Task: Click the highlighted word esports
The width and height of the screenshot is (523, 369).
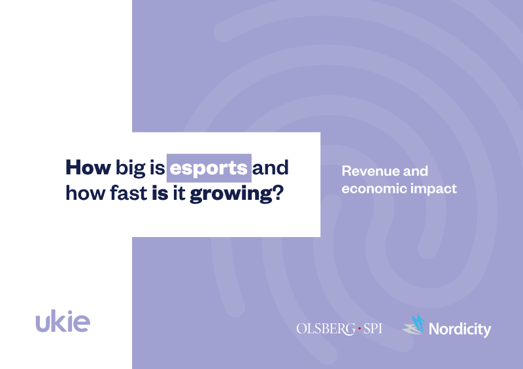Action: pos(209,168)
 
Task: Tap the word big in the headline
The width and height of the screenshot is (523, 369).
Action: pos(130,168)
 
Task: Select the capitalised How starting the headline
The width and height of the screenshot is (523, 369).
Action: pos(88,167)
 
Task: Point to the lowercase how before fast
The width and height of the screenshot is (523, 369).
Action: pos(86,193)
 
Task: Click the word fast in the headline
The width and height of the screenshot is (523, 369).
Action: pos(129,193)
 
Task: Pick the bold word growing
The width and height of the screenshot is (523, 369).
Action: pos(232,195)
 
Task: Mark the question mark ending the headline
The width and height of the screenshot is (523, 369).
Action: pos(279,193)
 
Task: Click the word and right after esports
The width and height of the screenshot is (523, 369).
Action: pos(270,167)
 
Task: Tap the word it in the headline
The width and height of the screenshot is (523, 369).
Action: pos(179,193)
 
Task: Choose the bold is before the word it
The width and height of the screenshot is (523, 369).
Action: pos(160,193)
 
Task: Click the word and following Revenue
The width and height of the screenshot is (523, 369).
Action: pos(416,171)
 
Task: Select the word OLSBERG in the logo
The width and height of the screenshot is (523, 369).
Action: pos(326,329)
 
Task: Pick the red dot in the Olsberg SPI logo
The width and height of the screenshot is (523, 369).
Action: pos(360,329)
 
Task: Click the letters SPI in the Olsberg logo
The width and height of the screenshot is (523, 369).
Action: pos(373,329)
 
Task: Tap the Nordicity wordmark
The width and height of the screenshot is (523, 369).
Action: pos(460,329)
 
